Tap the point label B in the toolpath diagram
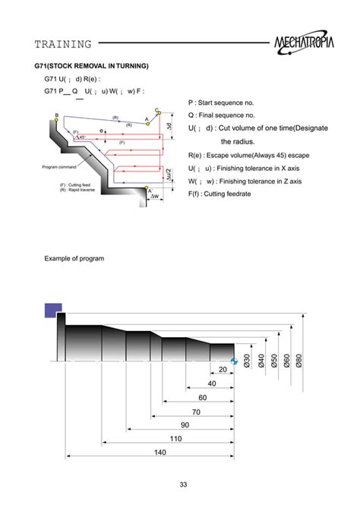coord(57,115)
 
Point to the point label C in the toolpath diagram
coord(156,110)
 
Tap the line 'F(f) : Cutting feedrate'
coord(229,195)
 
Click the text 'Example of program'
coord(74,259)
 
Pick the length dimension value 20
coord(223,370)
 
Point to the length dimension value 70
coord(196,412)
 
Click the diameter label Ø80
coord(299,361)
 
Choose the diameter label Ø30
coord(247,361)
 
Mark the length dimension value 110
coord(176,439)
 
